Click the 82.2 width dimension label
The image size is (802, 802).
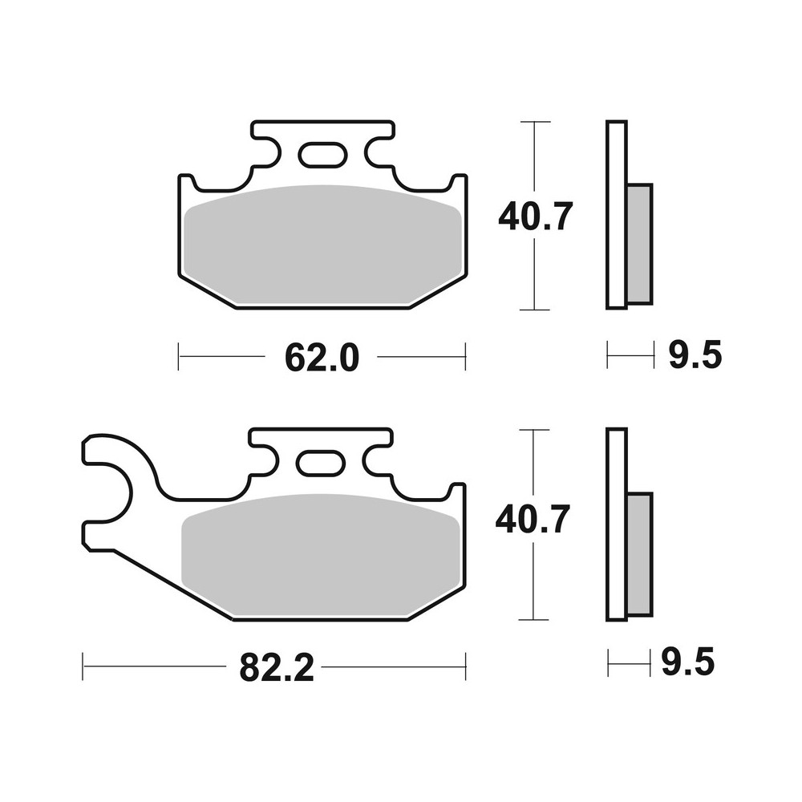click(x=275, y=666)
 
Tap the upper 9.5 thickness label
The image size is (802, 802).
click(x=695, y=354)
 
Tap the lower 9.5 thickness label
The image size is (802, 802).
click(x=687, y=664)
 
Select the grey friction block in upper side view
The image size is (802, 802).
click(x=639, y=243)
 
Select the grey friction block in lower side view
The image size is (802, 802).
click(x=639, y=553)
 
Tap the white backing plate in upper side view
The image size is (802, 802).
click(x=616, y=214)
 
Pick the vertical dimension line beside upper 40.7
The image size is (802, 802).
click(x=535, y=273)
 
